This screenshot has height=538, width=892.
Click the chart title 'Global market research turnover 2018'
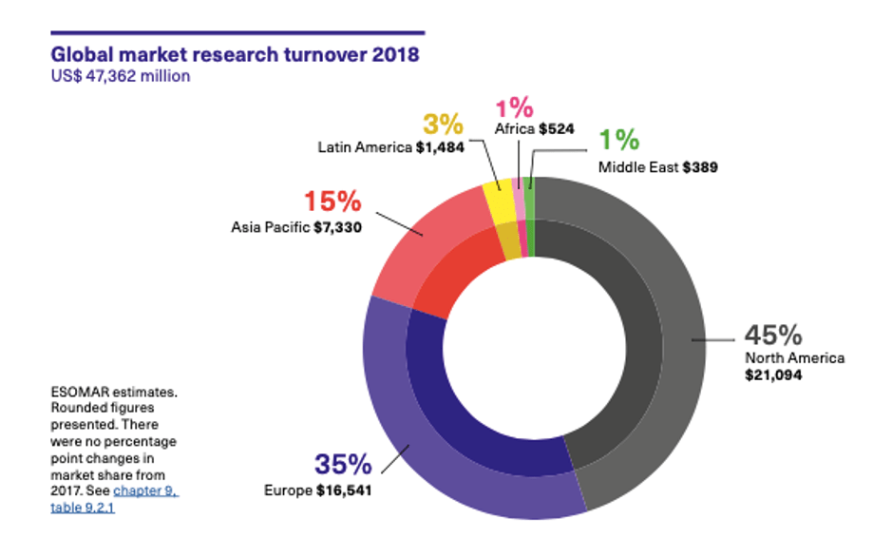pos(235,53)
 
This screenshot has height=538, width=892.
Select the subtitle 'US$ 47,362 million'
pos(121,76)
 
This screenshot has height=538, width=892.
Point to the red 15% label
pos(332,202)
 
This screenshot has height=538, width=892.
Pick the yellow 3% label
pos(442,125)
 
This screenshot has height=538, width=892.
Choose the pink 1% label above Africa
pos(514,107)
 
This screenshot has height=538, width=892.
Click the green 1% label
pos(618,141)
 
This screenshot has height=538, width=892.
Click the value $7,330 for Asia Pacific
pos(337,227)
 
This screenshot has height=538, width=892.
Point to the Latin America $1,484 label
pos(390,148)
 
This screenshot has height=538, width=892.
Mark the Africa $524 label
pos(534,128)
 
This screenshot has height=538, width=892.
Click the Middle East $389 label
pos(657,167)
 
